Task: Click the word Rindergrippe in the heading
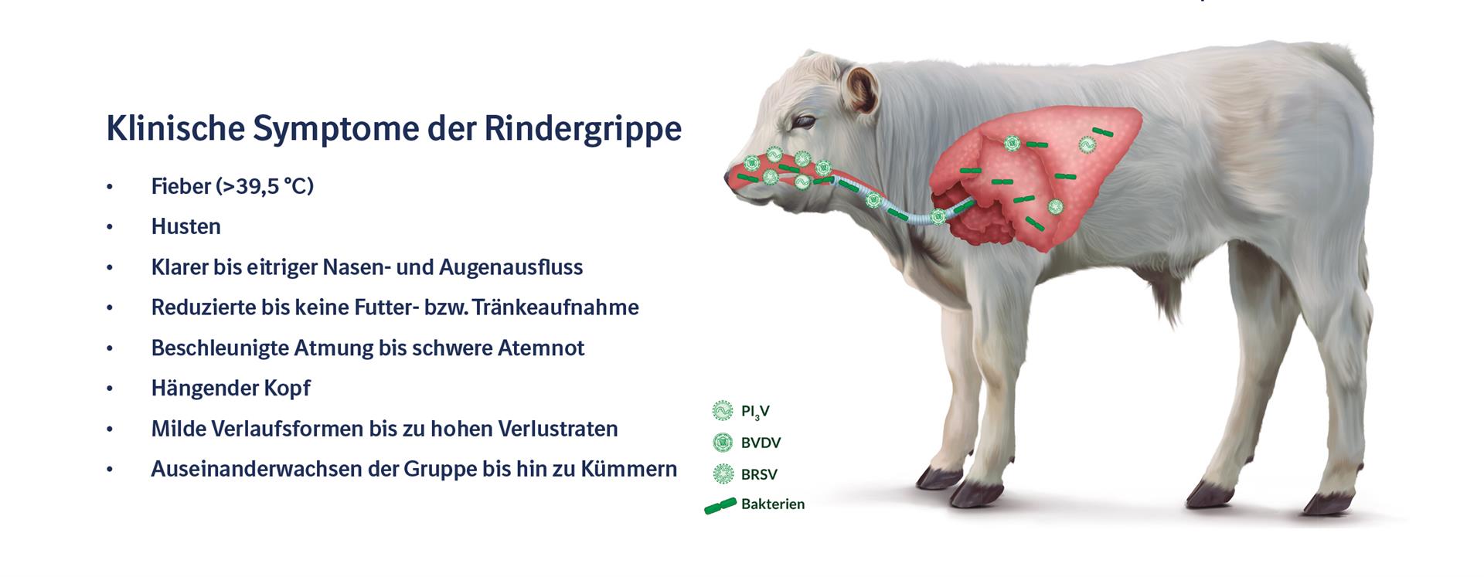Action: coord(583,130)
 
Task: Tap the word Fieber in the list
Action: coord(181,186)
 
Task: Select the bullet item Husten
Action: coord(186,226)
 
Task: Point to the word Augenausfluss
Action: coord(511,268)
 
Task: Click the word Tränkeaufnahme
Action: coord(556,307)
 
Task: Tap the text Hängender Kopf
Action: coord(231,389)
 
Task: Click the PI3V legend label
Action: coord(755,412)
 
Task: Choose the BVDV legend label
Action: coord(761,443)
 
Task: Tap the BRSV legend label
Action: coord(759,474)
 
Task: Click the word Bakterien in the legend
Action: coord(773,504)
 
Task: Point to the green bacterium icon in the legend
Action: coord(720,507)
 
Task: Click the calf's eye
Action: coord(805,122)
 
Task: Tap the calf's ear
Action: coord(860,86)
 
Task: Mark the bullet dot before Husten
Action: coord(111,227)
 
